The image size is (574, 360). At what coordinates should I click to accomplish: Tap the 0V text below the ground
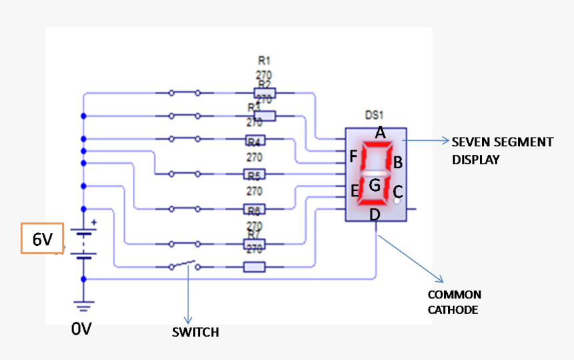click(81, 329)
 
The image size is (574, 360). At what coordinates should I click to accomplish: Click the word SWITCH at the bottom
click(195, 332)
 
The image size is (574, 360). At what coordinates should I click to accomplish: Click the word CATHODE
click(453, 310)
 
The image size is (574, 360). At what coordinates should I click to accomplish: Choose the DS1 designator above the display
click(374, 116)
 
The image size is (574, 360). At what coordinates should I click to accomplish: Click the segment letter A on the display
click(380, 133)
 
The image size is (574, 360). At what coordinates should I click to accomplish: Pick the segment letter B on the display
click(397, 162)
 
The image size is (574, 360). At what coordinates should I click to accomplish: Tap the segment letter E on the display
click(355, 191)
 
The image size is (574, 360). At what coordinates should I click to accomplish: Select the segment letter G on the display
click(375, 185)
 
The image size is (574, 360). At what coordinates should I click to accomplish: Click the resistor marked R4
click(254, 141)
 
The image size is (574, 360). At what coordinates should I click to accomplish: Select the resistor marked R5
click(254, 176)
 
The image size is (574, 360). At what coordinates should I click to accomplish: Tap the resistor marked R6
click(254, 210)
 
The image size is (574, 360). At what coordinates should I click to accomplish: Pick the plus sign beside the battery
click(93, 222)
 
